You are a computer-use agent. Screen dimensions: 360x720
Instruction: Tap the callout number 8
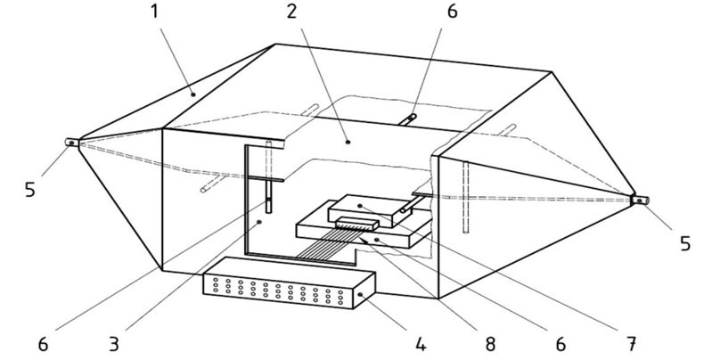490,343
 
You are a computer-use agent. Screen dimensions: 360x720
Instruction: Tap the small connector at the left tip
70,142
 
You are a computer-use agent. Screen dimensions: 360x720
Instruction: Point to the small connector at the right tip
640,200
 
